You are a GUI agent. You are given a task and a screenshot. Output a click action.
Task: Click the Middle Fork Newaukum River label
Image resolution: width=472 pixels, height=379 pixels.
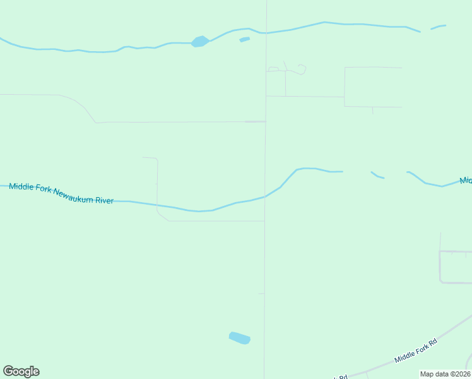(x=61, y=193)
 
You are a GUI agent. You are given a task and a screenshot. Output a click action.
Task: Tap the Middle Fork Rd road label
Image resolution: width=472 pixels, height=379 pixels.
(x=416, y=351)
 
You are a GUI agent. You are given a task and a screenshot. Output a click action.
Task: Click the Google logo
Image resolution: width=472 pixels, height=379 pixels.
(x=21, y=371)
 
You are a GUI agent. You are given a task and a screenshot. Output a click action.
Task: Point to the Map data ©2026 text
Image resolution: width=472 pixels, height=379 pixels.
(x=445, y=374)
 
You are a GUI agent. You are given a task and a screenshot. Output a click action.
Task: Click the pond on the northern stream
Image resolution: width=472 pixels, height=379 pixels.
(x=200, y=42)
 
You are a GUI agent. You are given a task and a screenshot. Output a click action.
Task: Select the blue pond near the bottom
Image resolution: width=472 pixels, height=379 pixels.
(x=240, y=338)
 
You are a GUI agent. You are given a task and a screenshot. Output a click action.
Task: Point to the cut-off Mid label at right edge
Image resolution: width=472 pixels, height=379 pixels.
(x=466, y=181)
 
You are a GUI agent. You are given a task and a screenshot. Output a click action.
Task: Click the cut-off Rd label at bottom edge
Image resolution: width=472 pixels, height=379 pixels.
(x=341, y=377)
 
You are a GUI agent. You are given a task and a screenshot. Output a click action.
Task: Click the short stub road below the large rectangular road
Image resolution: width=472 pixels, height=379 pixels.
(x=372, y=110)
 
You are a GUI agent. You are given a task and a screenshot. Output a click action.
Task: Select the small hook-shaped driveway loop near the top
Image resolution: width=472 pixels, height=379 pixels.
(x=302, y=68)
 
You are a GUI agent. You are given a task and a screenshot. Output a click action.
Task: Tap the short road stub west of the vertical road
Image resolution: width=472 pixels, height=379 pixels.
(x=261, y=294)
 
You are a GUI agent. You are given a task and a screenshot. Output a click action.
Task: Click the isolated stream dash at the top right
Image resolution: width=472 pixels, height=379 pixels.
(x=439, y=27)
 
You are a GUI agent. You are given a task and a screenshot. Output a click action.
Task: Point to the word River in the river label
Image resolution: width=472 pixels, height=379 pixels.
(x=103, y=200)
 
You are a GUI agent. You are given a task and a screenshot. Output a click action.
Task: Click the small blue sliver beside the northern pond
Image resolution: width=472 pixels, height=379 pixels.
(x=245, y=39)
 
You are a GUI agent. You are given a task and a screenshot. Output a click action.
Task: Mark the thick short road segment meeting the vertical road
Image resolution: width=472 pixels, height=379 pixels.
(x=255, y=121)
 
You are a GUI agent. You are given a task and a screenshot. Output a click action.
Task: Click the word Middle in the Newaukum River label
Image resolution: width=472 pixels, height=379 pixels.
(x=22, y=187)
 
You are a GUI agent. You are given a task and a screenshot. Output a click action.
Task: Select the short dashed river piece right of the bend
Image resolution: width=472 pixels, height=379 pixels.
(x=377, y=175)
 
